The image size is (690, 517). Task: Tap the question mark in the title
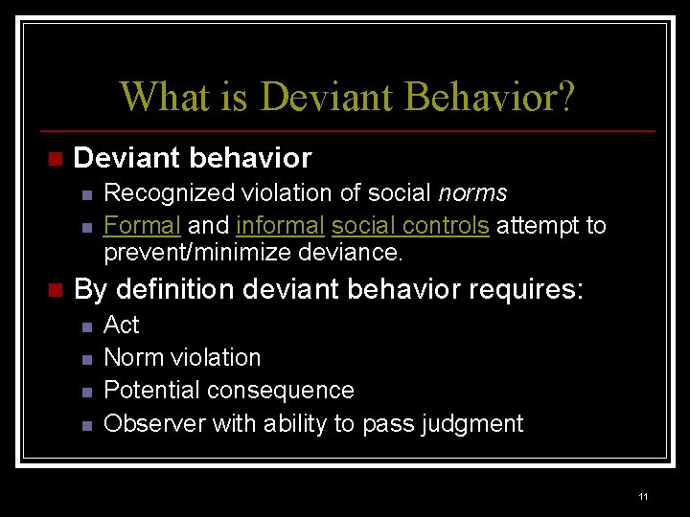click(x=564, y=97)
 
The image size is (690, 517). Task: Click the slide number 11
click(x=642, y=497)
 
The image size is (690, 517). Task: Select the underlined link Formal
click(x=142, y=226)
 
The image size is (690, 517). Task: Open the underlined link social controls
click(x=410, y=226)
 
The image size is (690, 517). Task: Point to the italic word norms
click(x=472, y=193)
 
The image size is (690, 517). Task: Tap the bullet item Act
click(x=122, y=326)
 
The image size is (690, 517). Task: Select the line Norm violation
click(x=182, y=358)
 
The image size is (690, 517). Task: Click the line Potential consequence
click(x=228, y=391)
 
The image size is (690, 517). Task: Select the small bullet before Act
click(x=86, y=326)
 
